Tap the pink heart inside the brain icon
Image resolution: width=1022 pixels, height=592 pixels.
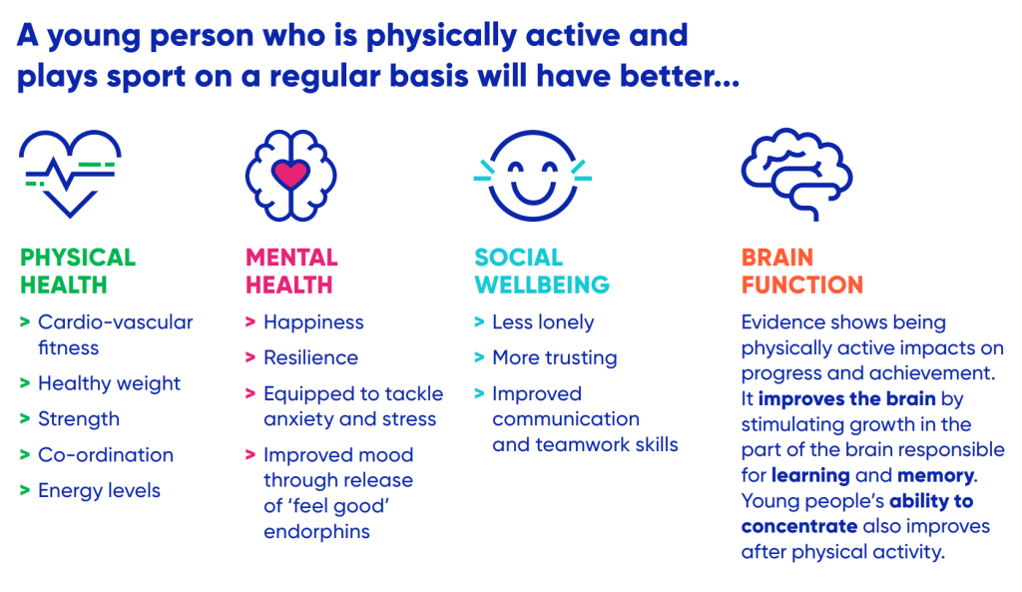(x=290, y=174)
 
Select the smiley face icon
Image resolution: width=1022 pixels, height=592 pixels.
(x=533, y=176)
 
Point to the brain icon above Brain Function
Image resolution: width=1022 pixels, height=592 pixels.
(x=796, y=174)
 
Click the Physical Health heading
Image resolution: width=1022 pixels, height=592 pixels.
(x=78, y=272)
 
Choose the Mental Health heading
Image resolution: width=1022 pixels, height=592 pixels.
(x=291, y=272)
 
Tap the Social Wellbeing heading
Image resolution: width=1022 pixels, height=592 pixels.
(x=542, y=272)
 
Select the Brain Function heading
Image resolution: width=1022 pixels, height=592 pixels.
(x=801, y=272)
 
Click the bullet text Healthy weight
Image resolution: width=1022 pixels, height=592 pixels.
(x=109, y=384)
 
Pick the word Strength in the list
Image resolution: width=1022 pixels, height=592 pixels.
(x=79, y=419)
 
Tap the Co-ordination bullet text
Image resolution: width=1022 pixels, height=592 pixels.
(x=106, y=454)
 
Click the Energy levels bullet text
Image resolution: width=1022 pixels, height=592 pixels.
(x=99, y=491)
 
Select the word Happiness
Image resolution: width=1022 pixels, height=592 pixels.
(x=313, y=322)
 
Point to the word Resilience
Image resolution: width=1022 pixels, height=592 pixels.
(x=311, y=358)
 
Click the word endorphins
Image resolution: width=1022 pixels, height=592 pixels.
(x=316, y=532)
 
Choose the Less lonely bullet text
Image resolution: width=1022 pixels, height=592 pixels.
(x=543, y=322)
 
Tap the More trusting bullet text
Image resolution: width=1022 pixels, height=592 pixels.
(x=555, y=358)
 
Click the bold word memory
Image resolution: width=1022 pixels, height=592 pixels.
(x=936, y=476)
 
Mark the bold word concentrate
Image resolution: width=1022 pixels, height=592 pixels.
(x=799, y=527)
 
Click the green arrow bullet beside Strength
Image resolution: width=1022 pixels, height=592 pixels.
(x=25, y=418)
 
